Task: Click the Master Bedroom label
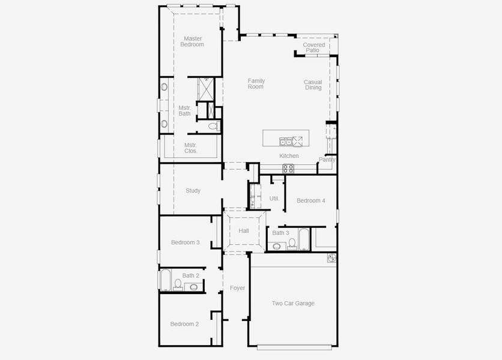pos(193,41)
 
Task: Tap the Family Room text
pos(256,84)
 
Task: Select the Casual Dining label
pos(313,85)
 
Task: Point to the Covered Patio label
pos(313,47)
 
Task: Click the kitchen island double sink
pos(285,142)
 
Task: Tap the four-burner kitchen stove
pos(288,169)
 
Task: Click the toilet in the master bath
pos(213,127)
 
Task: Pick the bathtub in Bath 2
pos(166,280)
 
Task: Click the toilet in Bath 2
pos(178,284)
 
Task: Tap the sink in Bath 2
pos(194,287)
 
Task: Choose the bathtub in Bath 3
pos(303,239)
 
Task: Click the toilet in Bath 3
pos(292,244)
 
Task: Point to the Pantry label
pos(327,160)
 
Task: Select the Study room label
pos(193,191)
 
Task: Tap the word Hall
pos(244,231)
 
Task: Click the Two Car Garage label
pos(293,304)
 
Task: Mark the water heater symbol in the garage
pos(331,257)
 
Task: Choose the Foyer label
pos(237,289)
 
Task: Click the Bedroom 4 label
pos(311,200)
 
